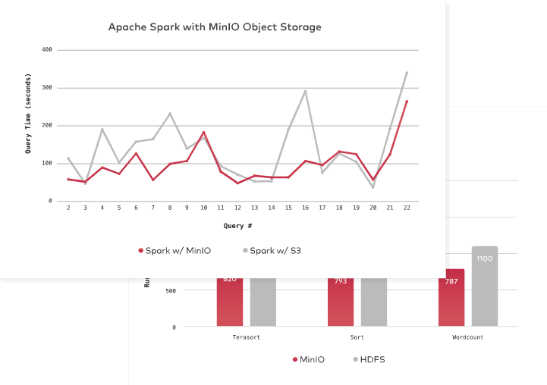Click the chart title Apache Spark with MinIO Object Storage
215,27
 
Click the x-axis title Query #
237,226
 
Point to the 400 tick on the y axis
46,50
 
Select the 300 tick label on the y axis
46,88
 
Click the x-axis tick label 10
203,207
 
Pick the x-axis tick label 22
407,207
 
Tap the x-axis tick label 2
68,207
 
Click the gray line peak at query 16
305,91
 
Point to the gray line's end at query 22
407,73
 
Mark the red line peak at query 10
203,132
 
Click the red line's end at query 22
407,102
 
